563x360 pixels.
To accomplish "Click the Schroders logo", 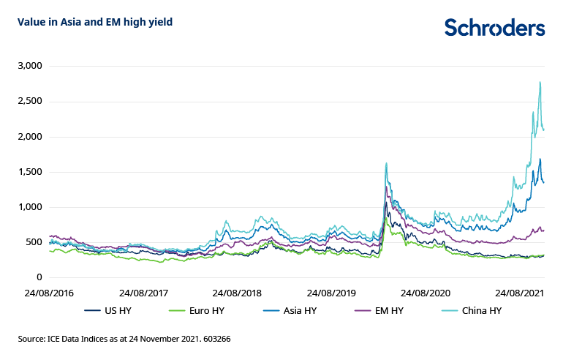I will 494,28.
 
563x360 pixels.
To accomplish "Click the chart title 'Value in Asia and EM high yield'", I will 95,22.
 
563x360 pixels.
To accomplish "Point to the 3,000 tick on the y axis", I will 30,67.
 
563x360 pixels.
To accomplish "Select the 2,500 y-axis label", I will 30,102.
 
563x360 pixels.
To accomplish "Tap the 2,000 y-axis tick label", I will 30,137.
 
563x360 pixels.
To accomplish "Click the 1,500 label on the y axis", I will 30,172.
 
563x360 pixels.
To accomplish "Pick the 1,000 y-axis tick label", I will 30,207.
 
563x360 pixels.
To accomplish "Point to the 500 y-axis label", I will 34,242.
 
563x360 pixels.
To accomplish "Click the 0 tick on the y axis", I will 40,277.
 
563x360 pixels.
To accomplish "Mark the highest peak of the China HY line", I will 540,82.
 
